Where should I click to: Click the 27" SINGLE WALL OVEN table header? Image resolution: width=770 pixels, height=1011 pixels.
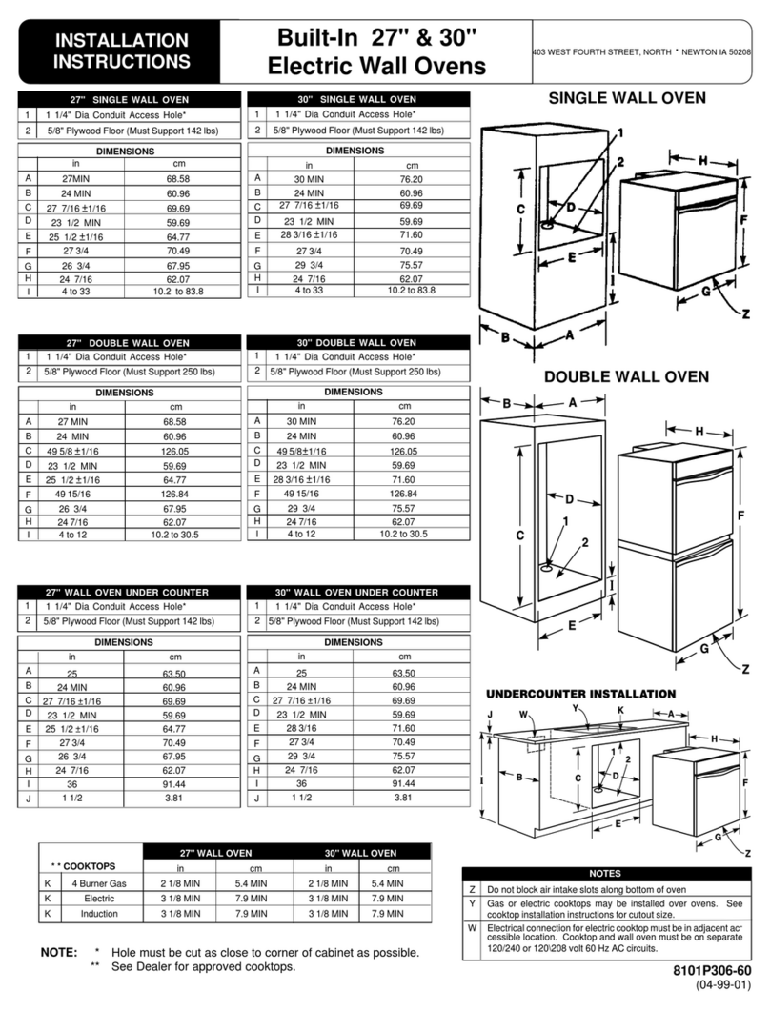point(131,99)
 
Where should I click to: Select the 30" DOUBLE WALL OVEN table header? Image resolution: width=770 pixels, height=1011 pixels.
point(358,342)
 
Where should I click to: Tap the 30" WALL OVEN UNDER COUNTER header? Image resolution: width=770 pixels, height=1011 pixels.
point(358,592)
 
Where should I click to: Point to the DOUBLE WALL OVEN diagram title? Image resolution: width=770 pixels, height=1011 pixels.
point(625,377)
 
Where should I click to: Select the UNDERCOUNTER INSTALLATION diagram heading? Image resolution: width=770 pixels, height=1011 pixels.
point(581,693)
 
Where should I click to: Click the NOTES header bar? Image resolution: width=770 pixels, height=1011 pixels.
point(604,873)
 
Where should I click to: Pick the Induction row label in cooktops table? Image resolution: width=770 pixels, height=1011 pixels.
point(99,913)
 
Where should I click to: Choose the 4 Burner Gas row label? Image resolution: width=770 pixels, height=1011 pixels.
point(99,882)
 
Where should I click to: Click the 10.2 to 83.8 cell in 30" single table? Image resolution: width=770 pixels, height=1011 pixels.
point(404,290)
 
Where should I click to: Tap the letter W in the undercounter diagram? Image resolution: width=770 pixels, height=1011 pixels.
point(523,713)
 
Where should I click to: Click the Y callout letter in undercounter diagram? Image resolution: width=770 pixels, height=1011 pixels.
point(576,709)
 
